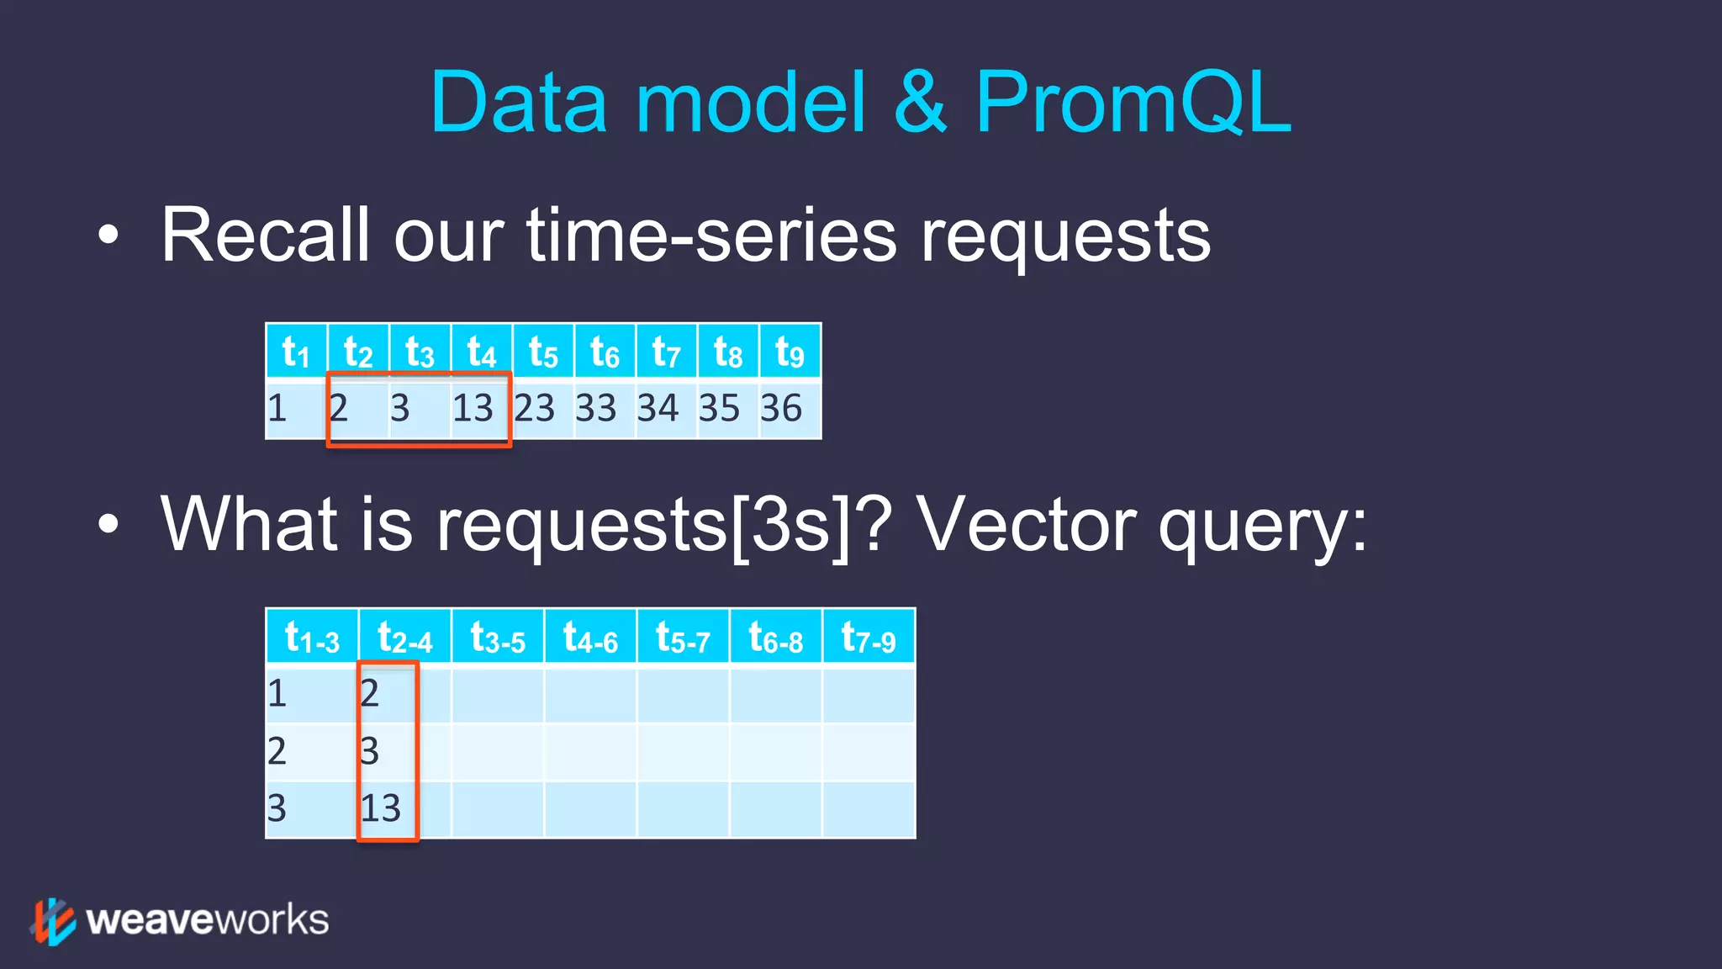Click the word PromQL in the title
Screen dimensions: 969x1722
(x=1133, y=103)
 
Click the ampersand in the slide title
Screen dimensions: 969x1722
(x=920, y=103)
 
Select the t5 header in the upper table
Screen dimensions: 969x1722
(x=543, y=352)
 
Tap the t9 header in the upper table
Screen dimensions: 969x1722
(x=790, y=352)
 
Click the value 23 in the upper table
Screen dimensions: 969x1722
(x=535, y=408)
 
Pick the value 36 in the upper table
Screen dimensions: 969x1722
(x=781, y=408)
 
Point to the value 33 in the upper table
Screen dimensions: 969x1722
(x=596, y=408)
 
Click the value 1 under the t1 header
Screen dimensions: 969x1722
(x=277, y=408)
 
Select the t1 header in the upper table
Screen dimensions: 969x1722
(x=296, y=352)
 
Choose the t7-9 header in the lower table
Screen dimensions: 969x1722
(x=869, y=638)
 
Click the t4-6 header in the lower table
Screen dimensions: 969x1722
(x=590, y=638)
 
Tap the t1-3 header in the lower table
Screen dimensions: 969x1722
(x=312, y=638)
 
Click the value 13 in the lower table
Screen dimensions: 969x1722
(x=381, y=808)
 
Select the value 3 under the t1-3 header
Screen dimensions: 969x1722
(x=277, y=808)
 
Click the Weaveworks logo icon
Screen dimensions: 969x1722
(x=54, y=921)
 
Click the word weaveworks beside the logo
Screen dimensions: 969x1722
(x=208, y=920)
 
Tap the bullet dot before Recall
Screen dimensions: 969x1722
(x=108, y=236)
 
